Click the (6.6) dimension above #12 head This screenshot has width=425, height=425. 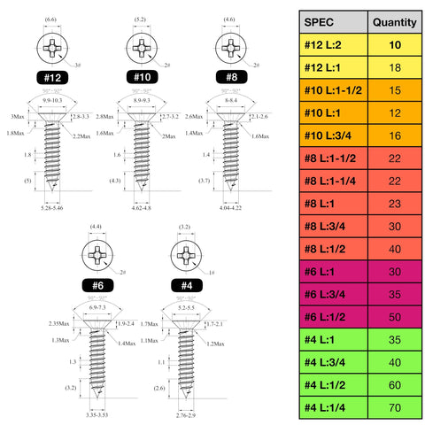50,19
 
